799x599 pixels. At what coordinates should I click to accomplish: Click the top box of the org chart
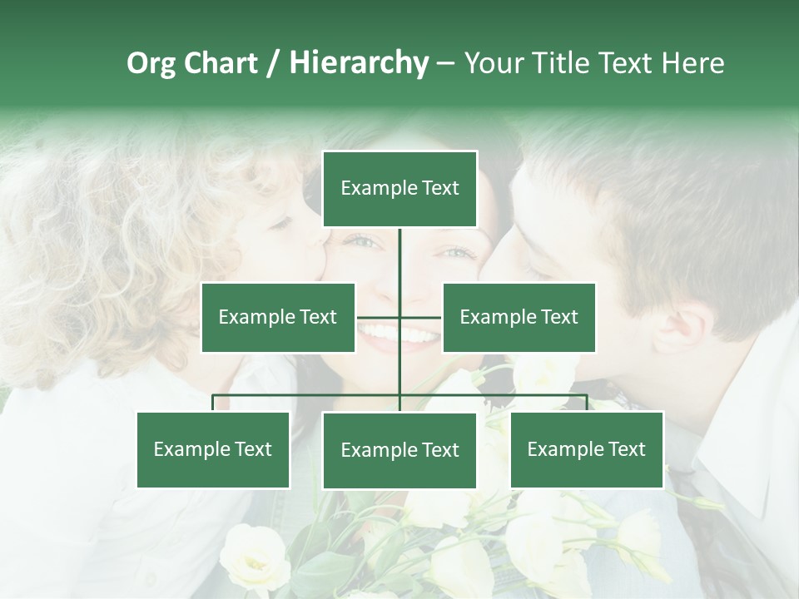tap(399, 189)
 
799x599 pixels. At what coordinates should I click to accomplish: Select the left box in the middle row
tap(277, 317)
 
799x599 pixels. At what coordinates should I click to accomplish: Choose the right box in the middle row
tap(519, 317)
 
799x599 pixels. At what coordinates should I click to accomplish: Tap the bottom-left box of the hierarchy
tap(212, 449)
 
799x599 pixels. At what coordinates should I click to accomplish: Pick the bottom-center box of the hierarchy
tap(399, 450)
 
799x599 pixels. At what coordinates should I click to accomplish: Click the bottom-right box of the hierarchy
tap(586, 449)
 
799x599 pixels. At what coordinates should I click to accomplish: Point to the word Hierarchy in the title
tap(358, 63)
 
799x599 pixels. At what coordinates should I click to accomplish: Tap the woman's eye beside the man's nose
tap(456, 252)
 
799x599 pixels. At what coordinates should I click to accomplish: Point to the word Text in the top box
tap(438, 189)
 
